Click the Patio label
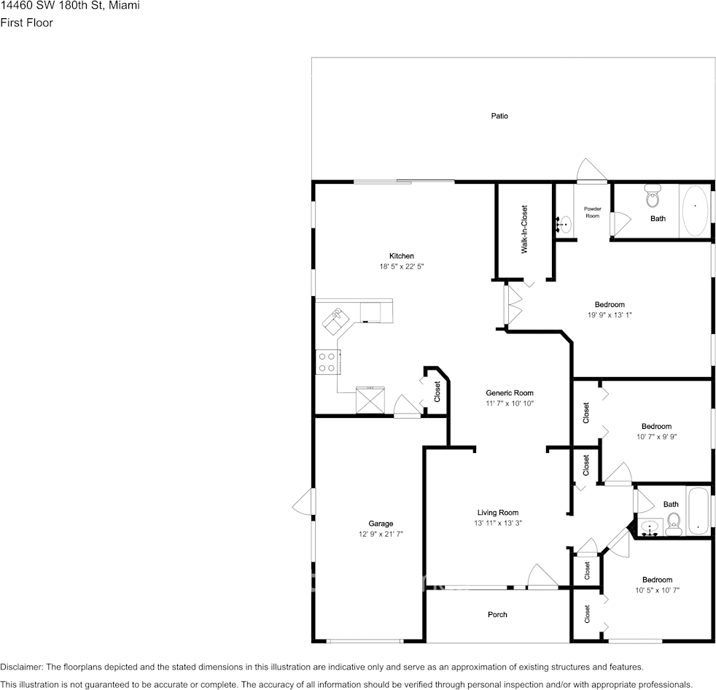499,116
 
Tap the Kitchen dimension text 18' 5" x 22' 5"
401,267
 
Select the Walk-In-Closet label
524,229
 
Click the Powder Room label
592,212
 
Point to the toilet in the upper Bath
653,198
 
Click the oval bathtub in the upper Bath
694,210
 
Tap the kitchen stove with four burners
327,362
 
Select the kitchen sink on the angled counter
338,317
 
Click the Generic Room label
510,392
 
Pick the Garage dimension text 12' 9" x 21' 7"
381,534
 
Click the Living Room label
498,512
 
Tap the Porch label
497,615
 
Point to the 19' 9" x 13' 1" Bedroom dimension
610,315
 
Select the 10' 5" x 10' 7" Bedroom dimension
657,590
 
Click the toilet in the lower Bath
673,522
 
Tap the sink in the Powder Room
565,223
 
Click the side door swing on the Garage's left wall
303,502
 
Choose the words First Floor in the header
26,23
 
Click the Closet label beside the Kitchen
437,392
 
